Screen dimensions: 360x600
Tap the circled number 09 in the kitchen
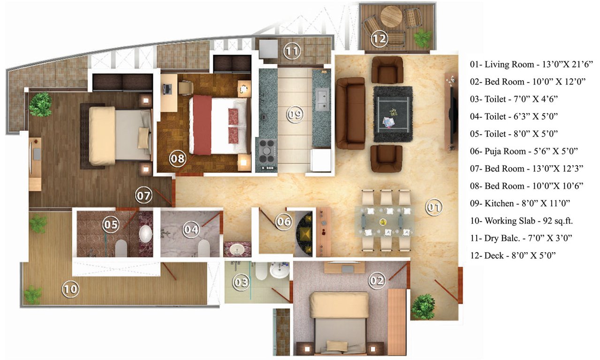coord(294,114)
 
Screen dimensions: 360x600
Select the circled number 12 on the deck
coord(379,39)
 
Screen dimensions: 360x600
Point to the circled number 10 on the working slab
coord(70,289)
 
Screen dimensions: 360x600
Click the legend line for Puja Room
coord(524,151)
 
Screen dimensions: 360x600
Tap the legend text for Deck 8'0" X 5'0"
coord(513,255)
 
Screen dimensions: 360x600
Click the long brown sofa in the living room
coord(350,113)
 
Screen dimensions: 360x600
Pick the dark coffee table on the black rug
coord(392,114)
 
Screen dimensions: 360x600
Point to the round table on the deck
coord(391,17)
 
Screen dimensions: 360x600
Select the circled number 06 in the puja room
coord(283,221)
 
